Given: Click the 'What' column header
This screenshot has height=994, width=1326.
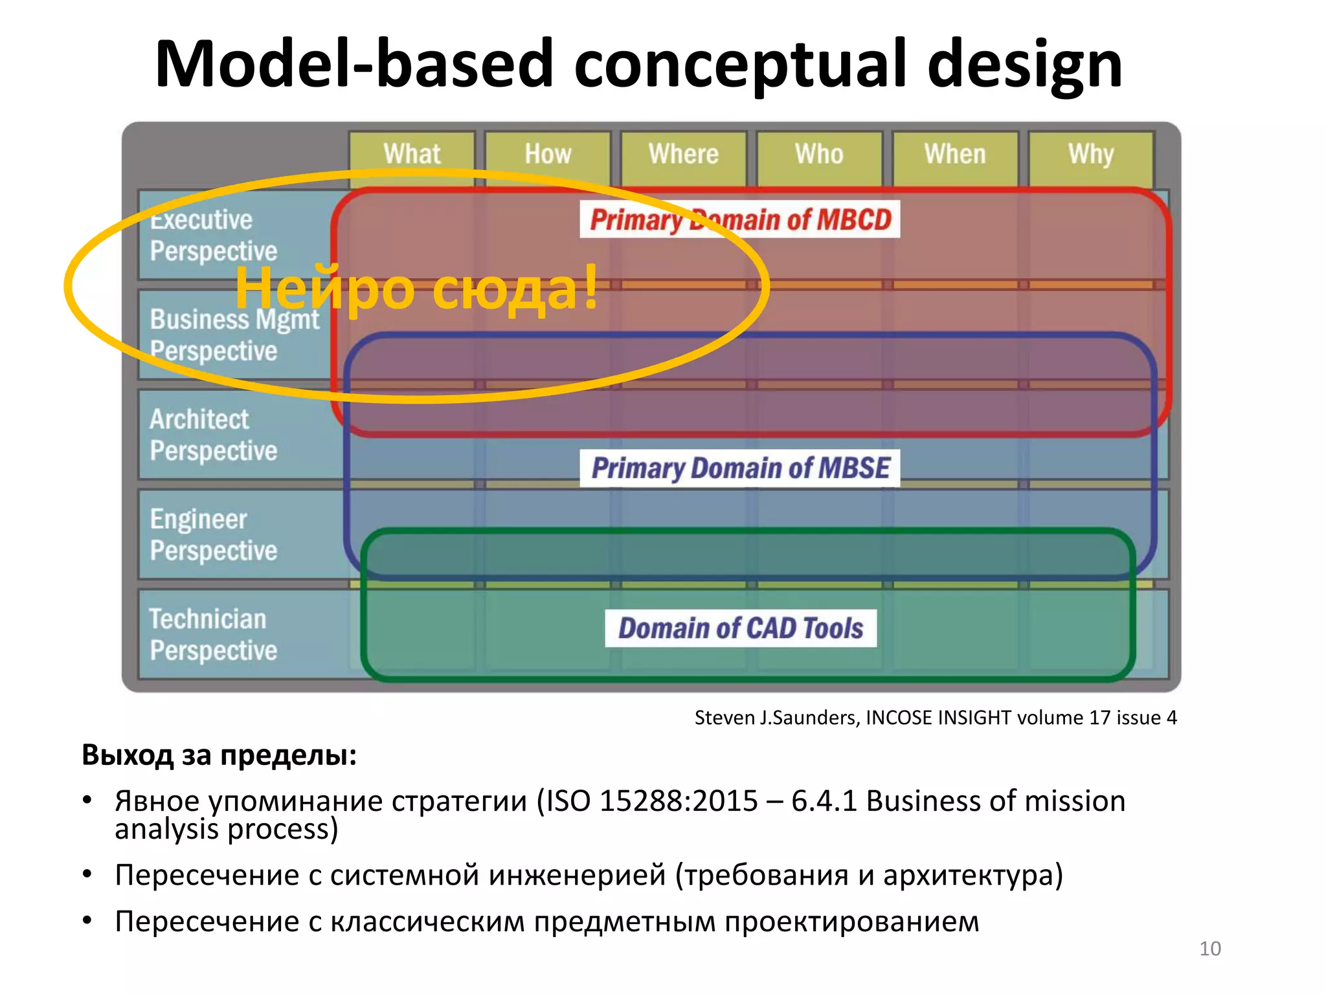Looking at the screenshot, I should tap(412, 155).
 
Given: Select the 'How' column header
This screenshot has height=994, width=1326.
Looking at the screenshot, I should tap(548, 155).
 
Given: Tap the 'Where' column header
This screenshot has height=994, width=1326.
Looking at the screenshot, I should tap(684, 155).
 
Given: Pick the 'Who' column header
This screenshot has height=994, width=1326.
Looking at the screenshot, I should tap(819, 155).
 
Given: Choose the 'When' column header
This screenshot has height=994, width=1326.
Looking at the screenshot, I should tap(955, 155).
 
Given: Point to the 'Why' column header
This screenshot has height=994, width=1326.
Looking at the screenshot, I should tap(1091, 155).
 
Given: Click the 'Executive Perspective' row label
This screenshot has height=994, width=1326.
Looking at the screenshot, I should tap(214, 236).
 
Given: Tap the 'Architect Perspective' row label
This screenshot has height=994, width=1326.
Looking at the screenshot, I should tap(214, 435).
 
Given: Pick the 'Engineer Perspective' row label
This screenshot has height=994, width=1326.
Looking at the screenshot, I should tap(214, 535).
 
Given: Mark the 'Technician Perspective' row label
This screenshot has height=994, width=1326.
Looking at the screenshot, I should tap(214, 634).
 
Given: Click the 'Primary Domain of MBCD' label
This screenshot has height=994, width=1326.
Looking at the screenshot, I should tap(740, 220).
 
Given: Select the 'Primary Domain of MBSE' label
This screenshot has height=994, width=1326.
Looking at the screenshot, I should tap(740, 468).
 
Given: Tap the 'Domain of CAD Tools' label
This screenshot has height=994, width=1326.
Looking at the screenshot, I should tap(740, 628).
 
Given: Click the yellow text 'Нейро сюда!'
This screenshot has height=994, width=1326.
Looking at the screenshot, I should tap(416, 289).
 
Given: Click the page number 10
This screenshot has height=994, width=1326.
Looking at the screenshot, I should tap(1209, 949).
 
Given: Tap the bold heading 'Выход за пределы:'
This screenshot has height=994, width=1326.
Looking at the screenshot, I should tap(219, 755).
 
